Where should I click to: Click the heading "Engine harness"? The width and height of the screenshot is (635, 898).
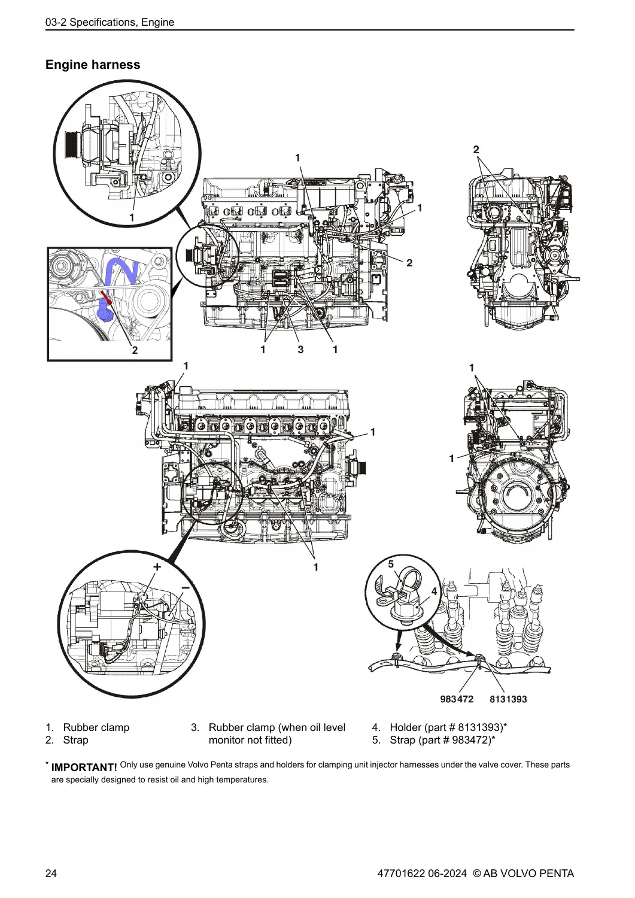pyautogui.click(x=93, y=65)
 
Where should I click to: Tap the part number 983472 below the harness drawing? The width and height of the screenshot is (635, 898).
pyautogui.click(x=457, y=699)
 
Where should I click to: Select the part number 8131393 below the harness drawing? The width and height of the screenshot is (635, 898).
pyautogui.click(x=508, y=699)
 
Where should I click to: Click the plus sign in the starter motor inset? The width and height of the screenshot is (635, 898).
pyautogui.click(x=157, y=567)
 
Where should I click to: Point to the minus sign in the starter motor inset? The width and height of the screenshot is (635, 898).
pyautogui.click(x=185, y=588)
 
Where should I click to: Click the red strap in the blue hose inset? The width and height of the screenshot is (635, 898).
pyautogui.click(x=107, y=298)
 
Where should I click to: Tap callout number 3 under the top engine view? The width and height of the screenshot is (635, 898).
pyautogui.click(x=300, y=350)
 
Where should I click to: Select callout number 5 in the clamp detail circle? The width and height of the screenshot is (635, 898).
pyautogui.click(x=391, y=564)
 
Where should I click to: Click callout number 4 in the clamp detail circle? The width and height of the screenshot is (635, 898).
pyautogui.click(x=434, y=591)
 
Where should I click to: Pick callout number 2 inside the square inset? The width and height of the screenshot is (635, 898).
pyautogui.click(x=135, y=350)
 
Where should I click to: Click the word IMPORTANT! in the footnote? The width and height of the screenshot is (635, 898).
pyautogui.click(x=84, y=767)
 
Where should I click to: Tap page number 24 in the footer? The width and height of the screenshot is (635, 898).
pyautogui.click(x=51, y=873)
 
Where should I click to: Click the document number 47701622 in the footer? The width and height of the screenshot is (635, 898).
pyautogui.click(x=401, y=873)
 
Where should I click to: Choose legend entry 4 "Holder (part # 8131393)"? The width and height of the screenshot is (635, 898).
pyautogui.click(x=440, y=727)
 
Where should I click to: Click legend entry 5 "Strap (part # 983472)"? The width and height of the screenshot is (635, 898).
pyautogui.click(x=434, y=740)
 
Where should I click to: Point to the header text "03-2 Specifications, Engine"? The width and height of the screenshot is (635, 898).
pyautogui.click(x=110, y=23)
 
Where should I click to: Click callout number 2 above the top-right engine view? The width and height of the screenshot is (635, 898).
pyautogui.click(x=476, y=150)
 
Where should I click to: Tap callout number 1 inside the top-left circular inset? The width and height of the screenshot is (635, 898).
pyautogui.click(x=132, y=218)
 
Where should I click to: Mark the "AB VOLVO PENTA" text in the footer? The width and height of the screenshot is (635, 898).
pyautogui.click(x=528, y=873)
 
